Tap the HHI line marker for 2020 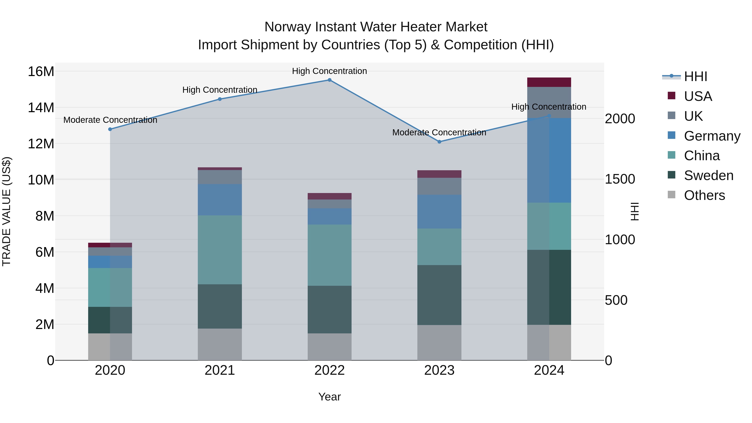click(110, 129)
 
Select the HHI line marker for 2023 click(439, 142)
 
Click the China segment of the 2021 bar click(220, 250)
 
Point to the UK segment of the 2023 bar click(439, 186)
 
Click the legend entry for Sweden click(709, 175)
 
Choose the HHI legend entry click(695, 76)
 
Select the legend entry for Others click(704, 195)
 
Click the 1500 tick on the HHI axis click(620, 179)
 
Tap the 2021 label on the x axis click(220, 370)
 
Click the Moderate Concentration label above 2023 click(439, 132)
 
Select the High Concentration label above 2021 click(220, 90)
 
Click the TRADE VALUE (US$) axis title click(6, 211)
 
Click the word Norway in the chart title click(287, 27)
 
